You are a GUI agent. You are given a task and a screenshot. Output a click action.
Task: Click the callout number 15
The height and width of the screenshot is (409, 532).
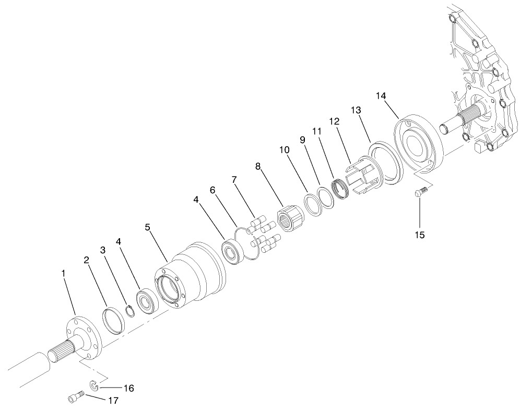pos(420,235)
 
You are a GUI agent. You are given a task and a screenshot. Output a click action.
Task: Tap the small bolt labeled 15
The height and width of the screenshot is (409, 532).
pos(420,193)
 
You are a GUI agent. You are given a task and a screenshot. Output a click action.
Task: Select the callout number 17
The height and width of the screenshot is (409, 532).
pos(113,400)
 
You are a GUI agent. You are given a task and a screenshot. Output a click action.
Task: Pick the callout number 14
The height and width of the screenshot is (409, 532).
pos(381,96)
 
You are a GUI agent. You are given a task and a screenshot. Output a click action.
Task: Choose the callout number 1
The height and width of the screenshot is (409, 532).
pos(63,273)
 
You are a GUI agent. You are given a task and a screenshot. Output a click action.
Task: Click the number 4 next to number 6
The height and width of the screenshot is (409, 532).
pos(196,199)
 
